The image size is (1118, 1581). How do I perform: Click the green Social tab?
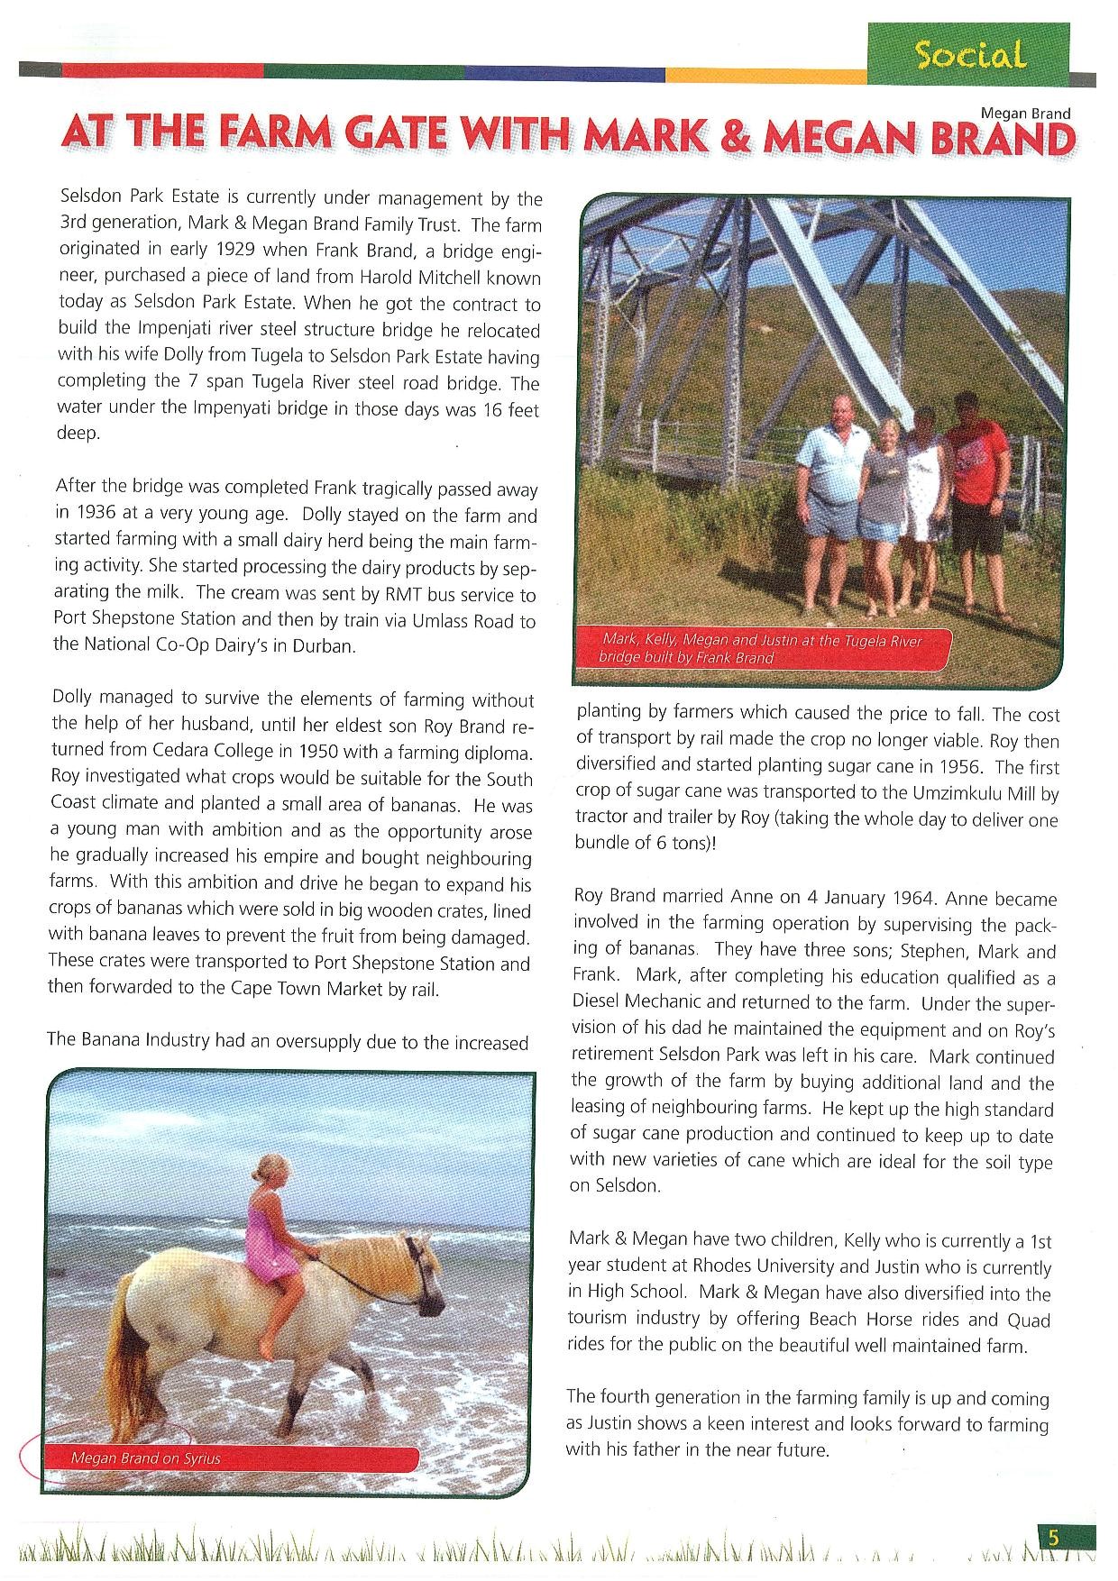pyautogui.click(x=969, y=55)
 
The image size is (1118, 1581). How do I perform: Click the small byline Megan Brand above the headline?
pyautogui.click(x=1025, y=113)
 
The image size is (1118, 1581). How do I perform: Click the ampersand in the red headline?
pyautogui.click(x=736, y=138)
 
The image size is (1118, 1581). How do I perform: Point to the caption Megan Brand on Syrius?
pyautogui.click(x=145, y=1458)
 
